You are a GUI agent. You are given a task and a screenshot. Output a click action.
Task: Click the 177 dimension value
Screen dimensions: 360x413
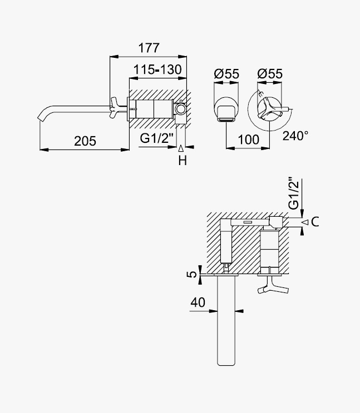click(x=149, y=48)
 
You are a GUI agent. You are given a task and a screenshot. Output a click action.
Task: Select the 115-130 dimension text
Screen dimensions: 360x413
click(x=157, y=69)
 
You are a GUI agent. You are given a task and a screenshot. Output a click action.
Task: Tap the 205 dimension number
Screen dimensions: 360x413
click(x=85, y=141)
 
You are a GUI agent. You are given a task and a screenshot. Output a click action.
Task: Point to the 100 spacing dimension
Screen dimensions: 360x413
click(x=249, y=140)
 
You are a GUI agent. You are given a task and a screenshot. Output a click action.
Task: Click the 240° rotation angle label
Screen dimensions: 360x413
click(x=295, y=136)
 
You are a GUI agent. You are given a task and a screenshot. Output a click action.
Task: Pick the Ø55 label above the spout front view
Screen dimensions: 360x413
click(x=226, y=74)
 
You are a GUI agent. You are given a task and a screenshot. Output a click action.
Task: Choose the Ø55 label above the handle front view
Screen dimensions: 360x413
click(x=270, y=74)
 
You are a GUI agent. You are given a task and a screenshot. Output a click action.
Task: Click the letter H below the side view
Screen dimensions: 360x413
click(x=183, y=161)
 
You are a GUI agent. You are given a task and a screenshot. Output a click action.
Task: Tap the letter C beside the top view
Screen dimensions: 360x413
click(x=315, y=222)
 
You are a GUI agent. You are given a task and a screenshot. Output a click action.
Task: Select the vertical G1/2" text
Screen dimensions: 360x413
click(x=294, y=193)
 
